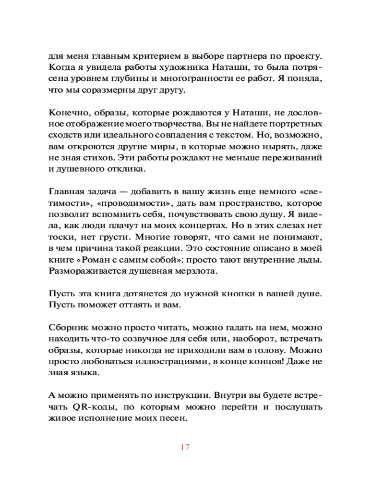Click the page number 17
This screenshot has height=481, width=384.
(x=185, y=447)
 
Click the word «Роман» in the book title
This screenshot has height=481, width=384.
(x=99, y=260)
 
